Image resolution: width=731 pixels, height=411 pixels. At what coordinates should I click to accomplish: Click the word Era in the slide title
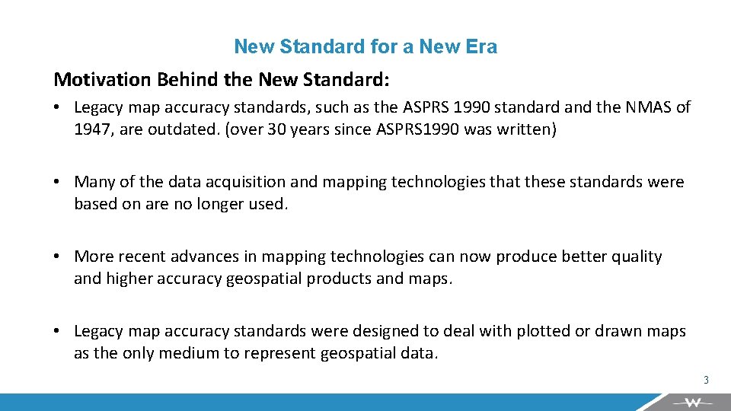pyautogui.click(x=481, y=46)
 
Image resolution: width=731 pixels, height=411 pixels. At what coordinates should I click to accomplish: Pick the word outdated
pyautogui.click(x=187, y=129)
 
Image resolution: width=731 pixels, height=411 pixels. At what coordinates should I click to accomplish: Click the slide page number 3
pyautogui.click(x=706, y=380)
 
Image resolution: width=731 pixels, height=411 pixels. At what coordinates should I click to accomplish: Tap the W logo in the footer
pyautogui.click(x=691, y=402)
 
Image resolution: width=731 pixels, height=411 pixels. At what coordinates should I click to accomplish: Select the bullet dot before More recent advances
pyautogui.click(x=58, y=256)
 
